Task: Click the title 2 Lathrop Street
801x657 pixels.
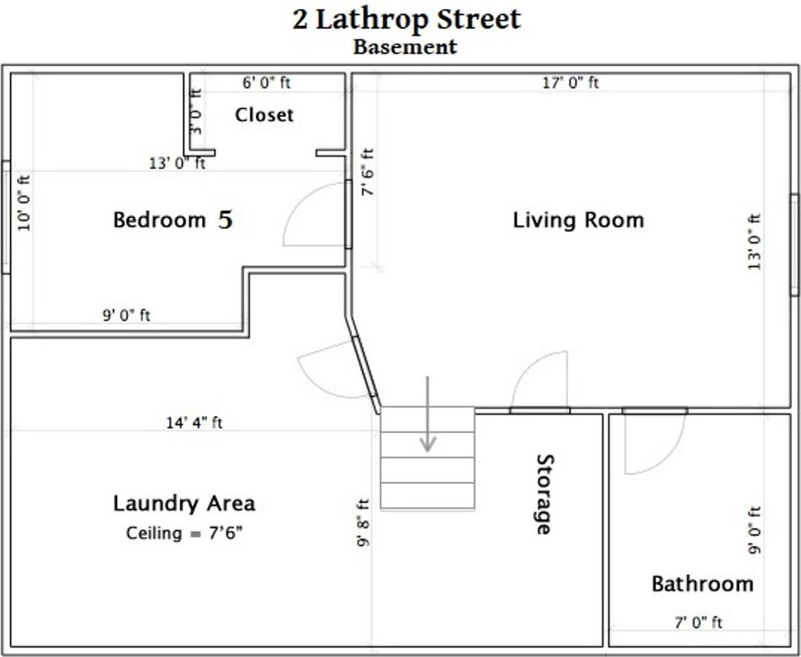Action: point(407,19)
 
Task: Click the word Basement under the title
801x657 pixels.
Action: point(405,47)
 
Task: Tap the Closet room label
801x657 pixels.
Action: point(264,115)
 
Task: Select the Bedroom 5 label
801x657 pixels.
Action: point(173,220)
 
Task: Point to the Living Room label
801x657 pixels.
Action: point(578,220)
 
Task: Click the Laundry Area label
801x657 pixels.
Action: point(184,504)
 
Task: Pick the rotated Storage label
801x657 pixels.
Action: point(544,493)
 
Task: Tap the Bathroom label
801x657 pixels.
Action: point(702,584)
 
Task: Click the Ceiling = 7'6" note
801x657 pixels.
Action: point(184,533)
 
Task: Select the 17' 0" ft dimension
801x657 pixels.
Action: point(570,83)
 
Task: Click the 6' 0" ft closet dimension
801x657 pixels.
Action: point(266,83)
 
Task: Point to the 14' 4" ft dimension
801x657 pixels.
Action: point(194,423)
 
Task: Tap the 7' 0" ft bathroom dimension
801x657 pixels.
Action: point(698,622)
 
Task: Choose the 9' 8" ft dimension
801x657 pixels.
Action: point(363,522)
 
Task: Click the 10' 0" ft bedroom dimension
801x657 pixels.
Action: point(25,203)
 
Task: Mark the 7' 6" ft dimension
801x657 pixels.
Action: point(368,172)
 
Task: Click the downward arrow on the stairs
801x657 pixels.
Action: point(428,414)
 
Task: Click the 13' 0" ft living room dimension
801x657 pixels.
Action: point(754,242)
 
